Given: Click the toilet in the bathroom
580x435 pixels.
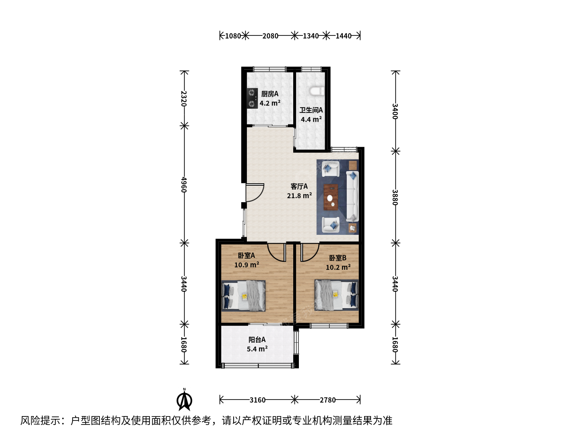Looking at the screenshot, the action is [317, 91].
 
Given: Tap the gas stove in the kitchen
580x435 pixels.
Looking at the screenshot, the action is [252, 98].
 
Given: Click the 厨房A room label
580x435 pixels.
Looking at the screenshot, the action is [269, 94].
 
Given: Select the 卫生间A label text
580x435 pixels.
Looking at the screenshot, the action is [311, 110].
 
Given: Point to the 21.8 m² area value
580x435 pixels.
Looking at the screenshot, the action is [299, 196].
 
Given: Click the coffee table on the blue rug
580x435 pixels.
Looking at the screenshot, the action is [331, 197].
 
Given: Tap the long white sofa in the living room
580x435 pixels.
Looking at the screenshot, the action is [352, 196].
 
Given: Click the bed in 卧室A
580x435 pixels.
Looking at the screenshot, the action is [243, 296].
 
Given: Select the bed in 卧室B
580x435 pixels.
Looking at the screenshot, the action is [336, 295].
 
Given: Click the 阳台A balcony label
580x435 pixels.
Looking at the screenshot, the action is [257, 340].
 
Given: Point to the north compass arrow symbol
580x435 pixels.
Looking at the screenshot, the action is [184, 400].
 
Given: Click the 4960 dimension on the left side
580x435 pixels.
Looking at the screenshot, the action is [184, 184].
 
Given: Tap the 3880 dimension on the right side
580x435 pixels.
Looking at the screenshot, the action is [395, 197].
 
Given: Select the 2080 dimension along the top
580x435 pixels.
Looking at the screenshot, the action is [270, 36].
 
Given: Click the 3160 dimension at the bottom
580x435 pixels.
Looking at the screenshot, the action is [257, 400].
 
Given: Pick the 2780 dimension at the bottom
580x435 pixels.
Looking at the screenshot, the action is [327, 400].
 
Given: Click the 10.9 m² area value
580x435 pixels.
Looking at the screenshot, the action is [246, 264].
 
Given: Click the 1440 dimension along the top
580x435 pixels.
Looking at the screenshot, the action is [344, 36].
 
